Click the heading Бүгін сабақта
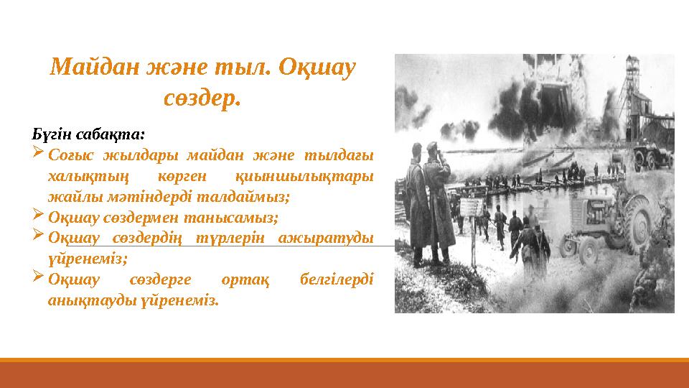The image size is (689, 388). pos(89,134)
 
